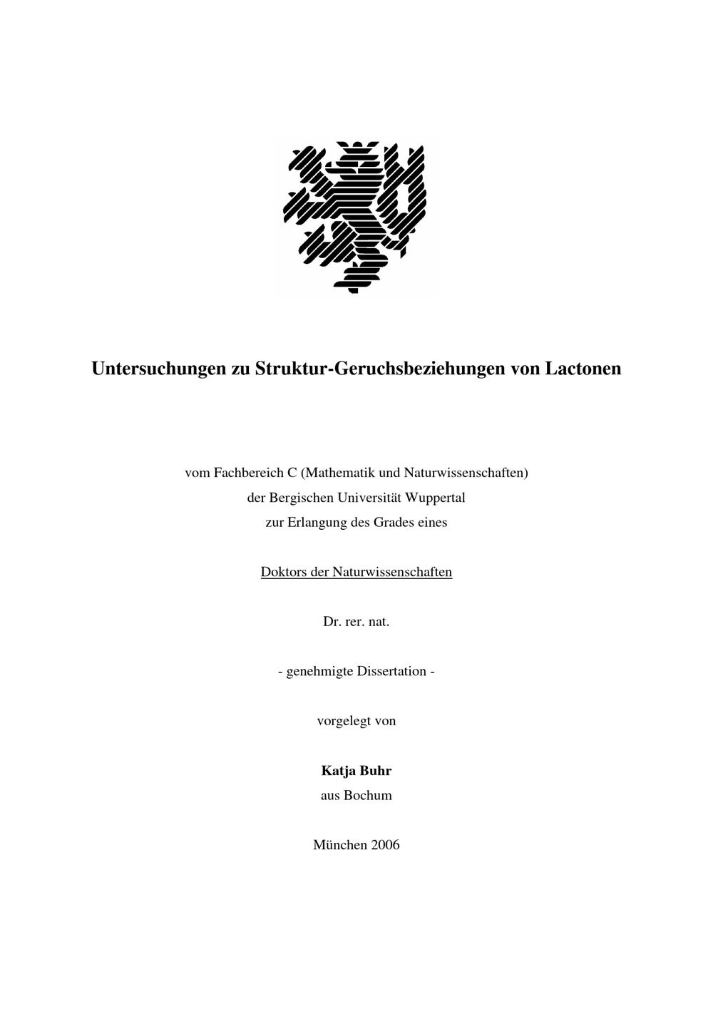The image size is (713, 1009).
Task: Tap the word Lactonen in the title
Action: point(583,369)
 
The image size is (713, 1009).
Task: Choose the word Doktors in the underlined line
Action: point(283,572)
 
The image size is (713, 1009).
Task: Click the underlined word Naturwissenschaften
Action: point(392,572)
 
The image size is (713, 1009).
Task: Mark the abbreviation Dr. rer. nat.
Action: point(356,622)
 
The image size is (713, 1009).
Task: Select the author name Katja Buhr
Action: point(356,771)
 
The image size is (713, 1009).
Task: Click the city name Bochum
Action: point(368,796)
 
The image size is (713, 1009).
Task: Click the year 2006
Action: point(385,845)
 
